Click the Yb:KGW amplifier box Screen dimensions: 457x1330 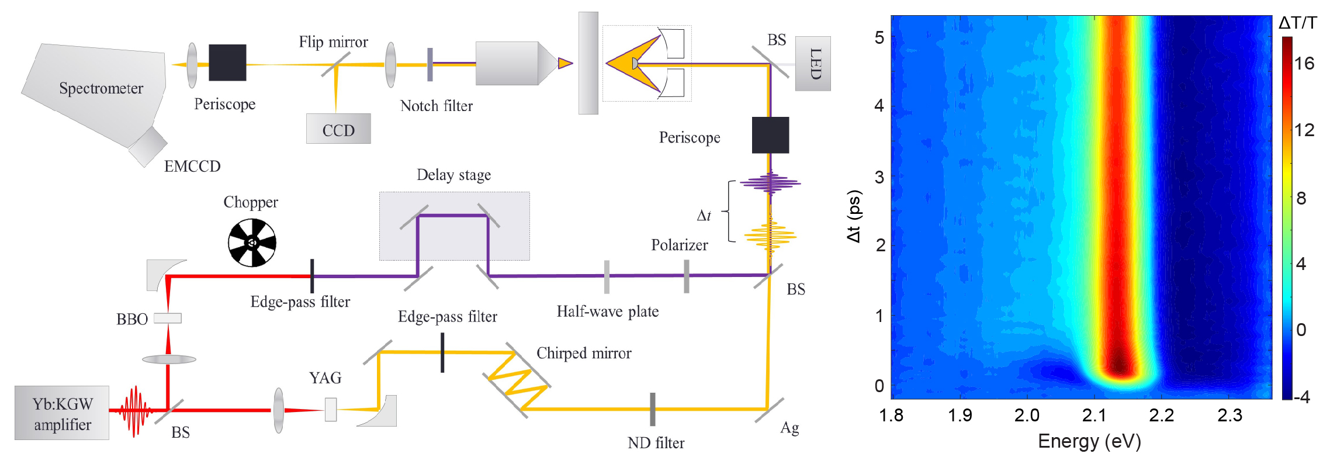coord(62,413)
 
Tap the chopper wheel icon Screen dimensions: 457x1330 coord(252,243)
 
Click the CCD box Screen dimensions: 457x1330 coord(338,129)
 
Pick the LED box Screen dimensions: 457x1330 coord(813,64)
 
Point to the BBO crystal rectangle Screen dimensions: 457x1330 coord(168,318)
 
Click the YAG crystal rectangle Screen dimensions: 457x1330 coord(331,409)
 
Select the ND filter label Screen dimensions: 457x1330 coord(656,443)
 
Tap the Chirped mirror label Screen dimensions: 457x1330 coord(584,354)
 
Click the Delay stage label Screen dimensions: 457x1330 coord(453,175)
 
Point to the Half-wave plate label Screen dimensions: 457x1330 coord(607,311)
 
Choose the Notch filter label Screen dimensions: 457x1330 coord(436,106)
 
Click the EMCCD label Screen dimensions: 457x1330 coord(192,167)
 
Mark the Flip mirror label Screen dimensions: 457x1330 coord(333,42)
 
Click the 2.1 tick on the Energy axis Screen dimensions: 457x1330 coord(1094,416)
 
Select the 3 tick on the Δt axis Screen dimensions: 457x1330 coord(879,177)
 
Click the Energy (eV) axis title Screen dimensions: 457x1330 coord(1089,441)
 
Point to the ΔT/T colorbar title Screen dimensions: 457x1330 coord(1297,23)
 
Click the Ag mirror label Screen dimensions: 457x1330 coord(789,428)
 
